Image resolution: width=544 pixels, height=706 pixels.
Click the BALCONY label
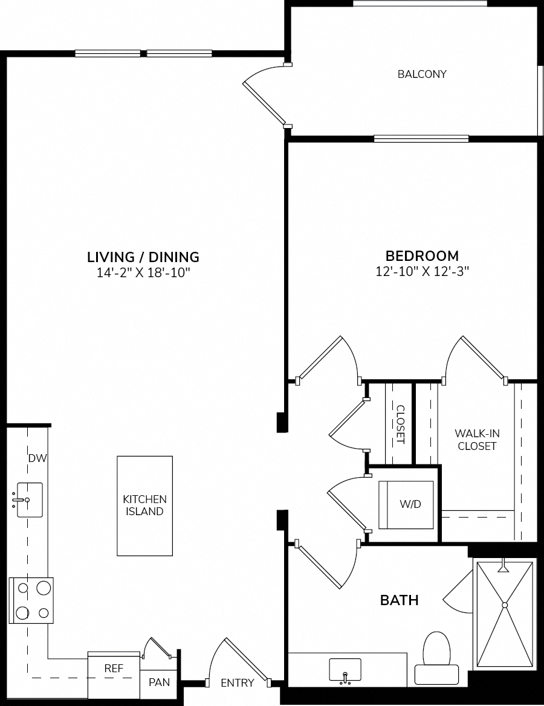point(422,74)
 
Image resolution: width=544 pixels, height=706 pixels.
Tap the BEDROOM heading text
point(423,255)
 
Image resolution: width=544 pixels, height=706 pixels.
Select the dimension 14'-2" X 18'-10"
point(143,272)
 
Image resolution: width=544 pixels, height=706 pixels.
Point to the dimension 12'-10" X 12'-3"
point(423,271)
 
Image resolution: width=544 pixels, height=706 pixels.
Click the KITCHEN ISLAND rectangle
point(144,505)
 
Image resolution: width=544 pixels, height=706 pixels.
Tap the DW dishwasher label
point(38,458)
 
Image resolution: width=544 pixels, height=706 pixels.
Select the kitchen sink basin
point(30,500)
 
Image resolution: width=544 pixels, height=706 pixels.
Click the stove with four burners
point(31,600)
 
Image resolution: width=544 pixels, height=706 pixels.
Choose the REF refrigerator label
point(114,668)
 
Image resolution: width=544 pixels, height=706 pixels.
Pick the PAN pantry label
point(160,682)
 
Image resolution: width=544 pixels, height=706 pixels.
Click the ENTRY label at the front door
point(238,683)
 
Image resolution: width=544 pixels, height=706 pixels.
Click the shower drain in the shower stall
point(505,605)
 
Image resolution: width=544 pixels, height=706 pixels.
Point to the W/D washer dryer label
point(410,504)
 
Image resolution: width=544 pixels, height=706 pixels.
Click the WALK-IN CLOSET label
point(477,440)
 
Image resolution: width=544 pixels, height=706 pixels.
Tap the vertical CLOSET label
point(400,425)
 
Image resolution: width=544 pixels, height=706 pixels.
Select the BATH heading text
point(400,600)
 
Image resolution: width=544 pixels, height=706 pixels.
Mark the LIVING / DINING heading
point(143,257)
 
